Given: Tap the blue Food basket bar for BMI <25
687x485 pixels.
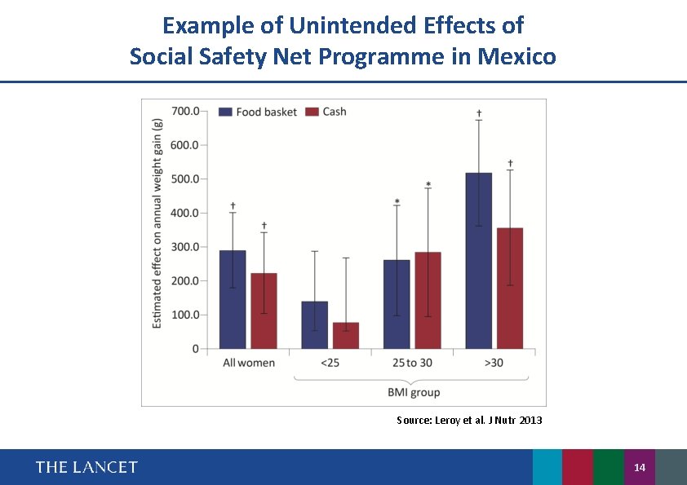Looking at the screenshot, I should [314, 325].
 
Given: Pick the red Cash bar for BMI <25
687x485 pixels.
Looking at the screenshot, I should [345, 335].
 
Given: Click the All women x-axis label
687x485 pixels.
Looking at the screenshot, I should [249, 363].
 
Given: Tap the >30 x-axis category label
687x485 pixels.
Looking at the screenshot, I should [494, 363].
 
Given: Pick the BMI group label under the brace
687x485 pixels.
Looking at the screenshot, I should [413, 392].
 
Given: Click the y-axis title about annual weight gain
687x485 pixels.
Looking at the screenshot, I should [157, 223].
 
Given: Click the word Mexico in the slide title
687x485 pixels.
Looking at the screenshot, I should [518, 57].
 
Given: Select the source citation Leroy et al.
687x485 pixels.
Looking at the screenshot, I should [468, 420].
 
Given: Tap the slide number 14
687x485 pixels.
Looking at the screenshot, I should [639, 467].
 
